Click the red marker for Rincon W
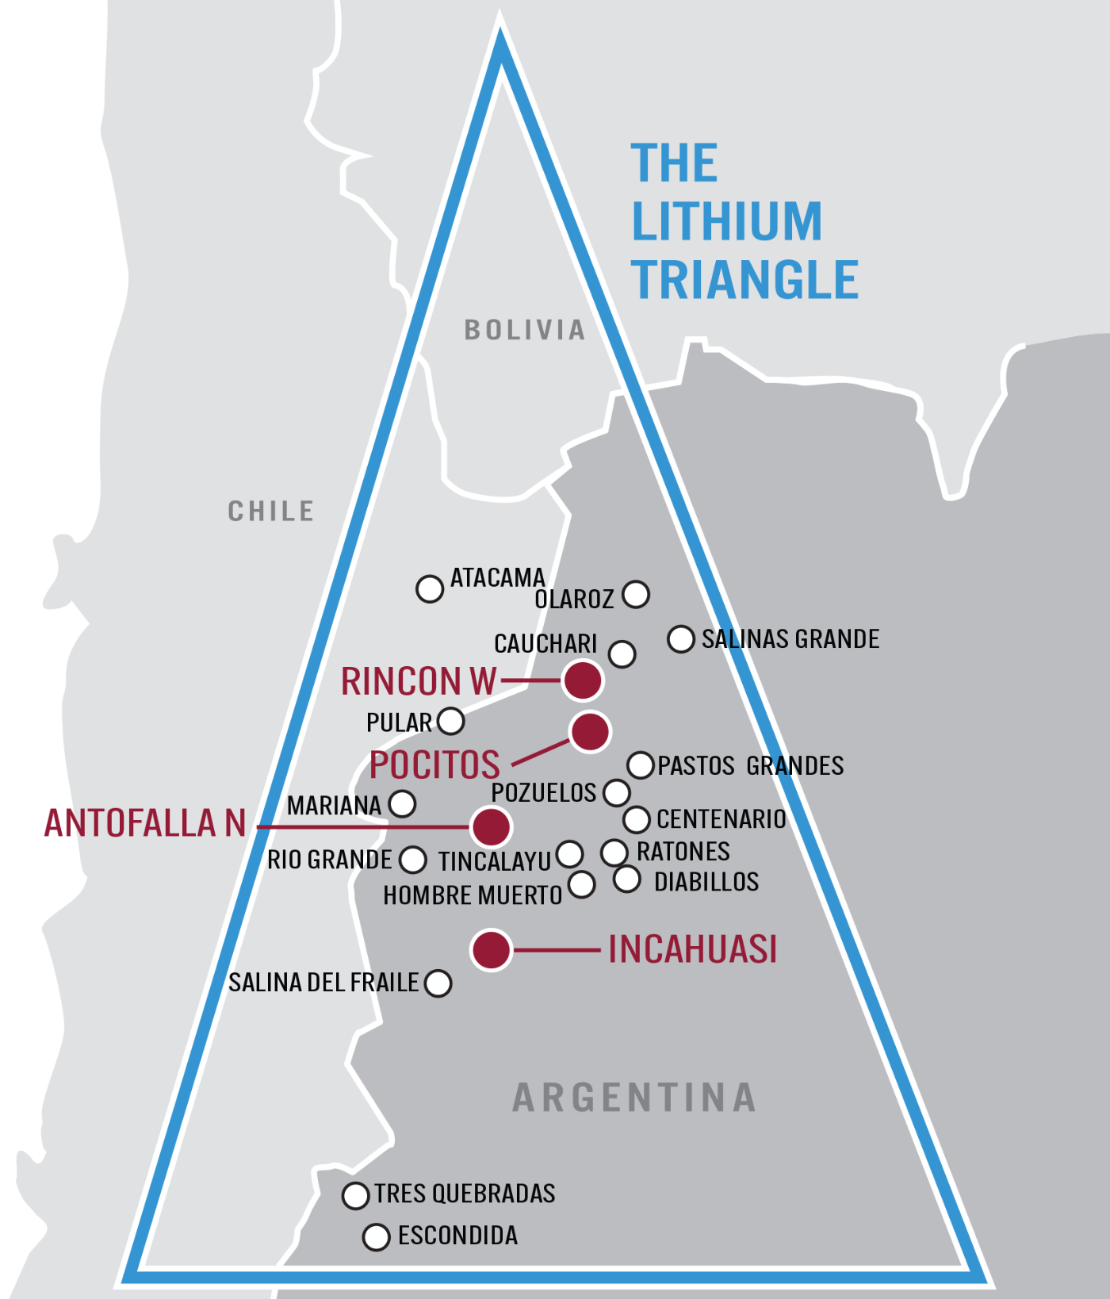583,680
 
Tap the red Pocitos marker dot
590,731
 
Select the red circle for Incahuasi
491,949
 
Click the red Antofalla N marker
491,826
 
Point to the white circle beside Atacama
430,589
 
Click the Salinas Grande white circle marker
681,639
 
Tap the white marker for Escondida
376,1237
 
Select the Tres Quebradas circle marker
355,1196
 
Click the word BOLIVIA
524,330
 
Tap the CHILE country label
271,512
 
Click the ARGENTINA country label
634,1098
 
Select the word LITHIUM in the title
726,221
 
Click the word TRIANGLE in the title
744,280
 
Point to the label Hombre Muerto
473,895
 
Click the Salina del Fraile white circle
438,983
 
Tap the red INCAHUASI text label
692,949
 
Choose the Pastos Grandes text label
750,766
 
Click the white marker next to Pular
451,722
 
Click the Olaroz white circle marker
636,594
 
